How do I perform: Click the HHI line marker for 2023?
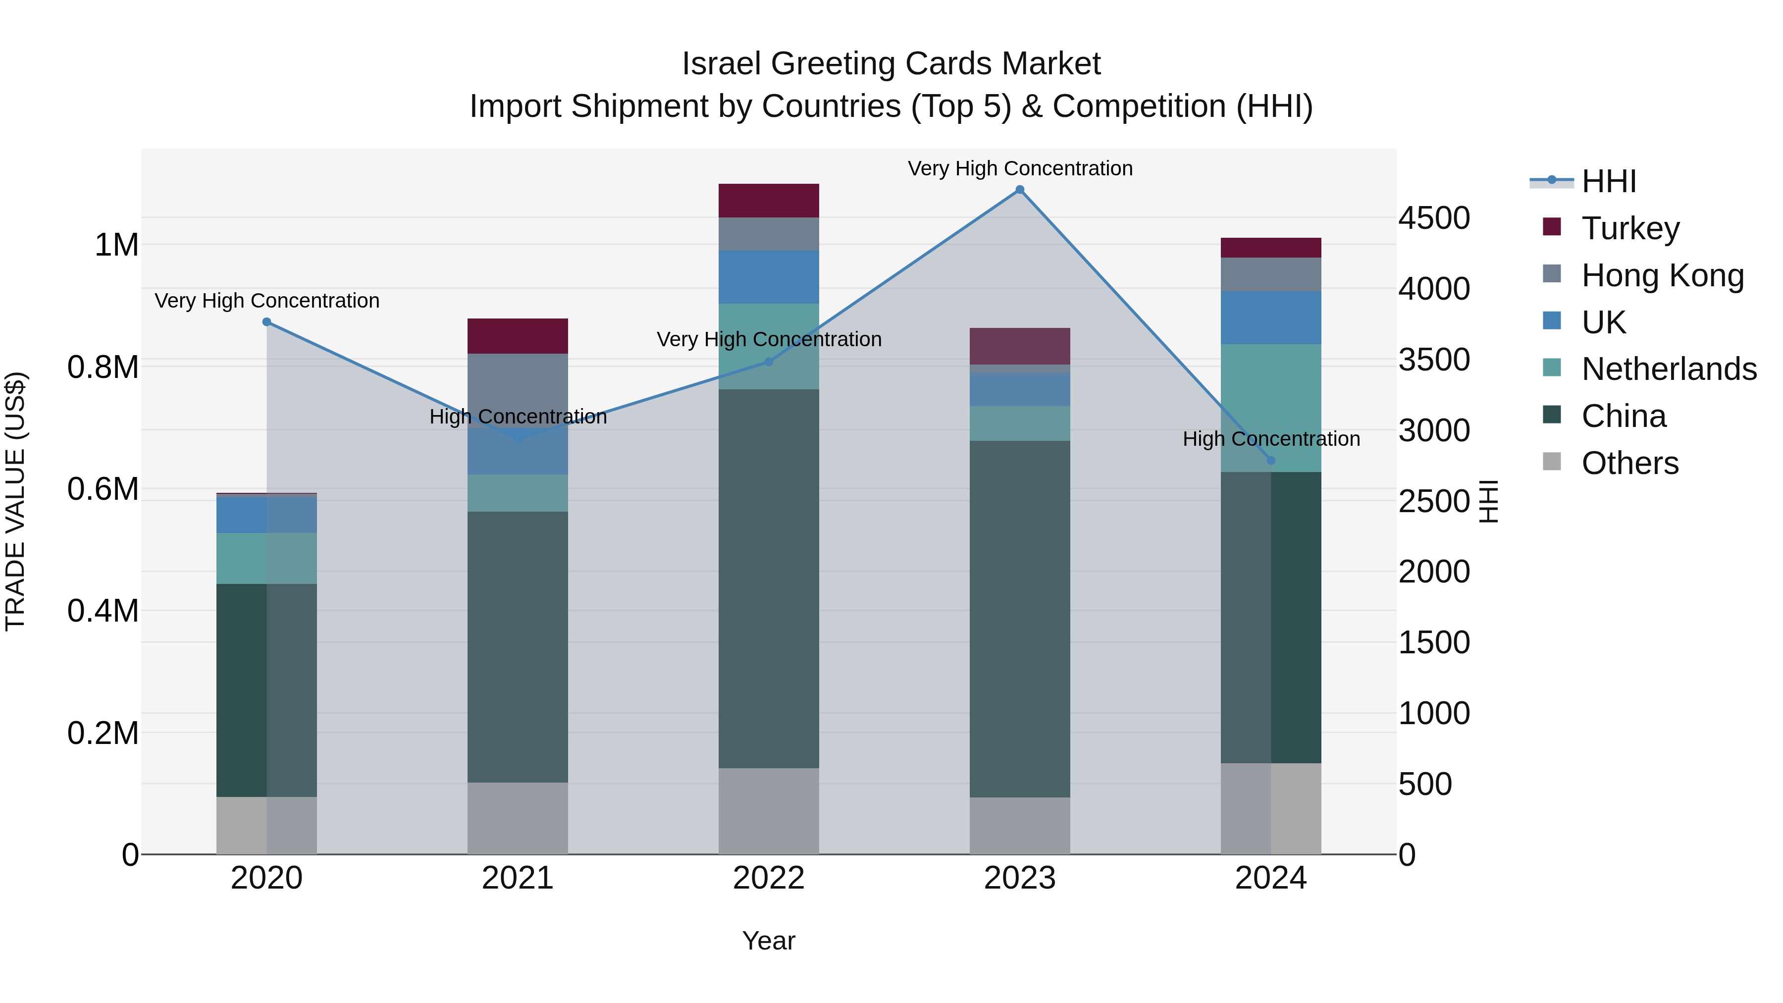click(x=1020, y=190)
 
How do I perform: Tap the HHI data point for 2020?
click(x=266, y=322)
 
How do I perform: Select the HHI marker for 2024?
click(x=1271, y=460)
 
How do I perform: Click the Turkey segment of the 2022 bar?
click(x=768, y=201)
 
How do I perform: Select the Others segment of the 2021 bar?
click(x=517, y=818)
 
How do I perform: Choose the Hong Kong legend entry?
click(x=1662, y=275)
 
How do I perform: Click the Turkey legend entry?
click(x=1630, y=228)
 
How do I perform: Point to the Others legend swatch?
click(x=1552, y=462)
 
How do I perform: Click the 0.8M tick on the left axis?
click(x=104, y=368)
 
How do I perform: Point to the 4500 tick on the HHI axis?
click(x=1433, y=218)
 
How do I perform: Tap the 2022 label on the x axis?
click(x=768, y=878)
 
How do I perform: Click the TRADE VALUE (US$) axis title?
click(x=15, y=501)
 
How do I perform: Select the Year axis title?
click(x=768, y=941)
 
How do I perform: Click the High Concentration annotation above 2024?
click(x=1271, y=439)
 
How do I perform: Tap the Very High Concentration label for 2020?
click(x=266, y=301)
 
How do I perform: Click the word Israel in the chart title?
click(x=722, y=64)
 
